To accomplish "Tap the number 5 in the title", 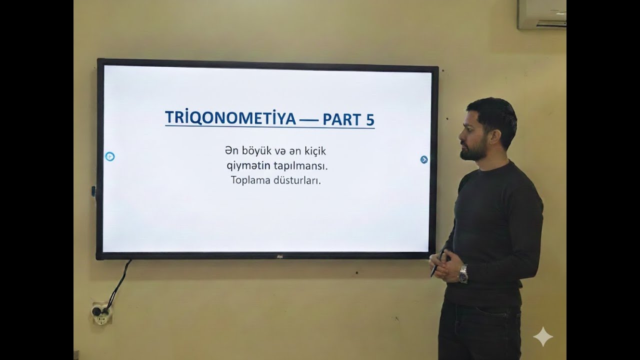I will [368, 118].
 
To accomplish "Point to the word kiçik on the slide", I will [313, 150].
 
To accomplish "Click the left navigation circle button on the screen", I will [110, 156].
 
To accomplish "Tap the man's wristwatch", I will [463, 273].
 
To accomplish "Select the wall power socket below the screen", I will [101, 313].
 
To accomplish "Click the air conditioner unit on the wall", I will [541, 13].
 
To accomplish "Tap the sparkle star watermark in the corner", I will [543, 337].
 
